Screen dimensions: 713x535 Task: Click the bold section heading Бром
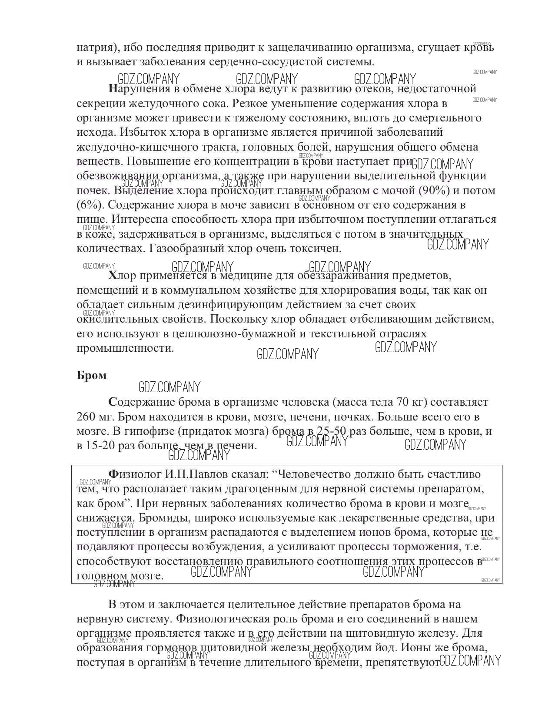click(x=91, y=375)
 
